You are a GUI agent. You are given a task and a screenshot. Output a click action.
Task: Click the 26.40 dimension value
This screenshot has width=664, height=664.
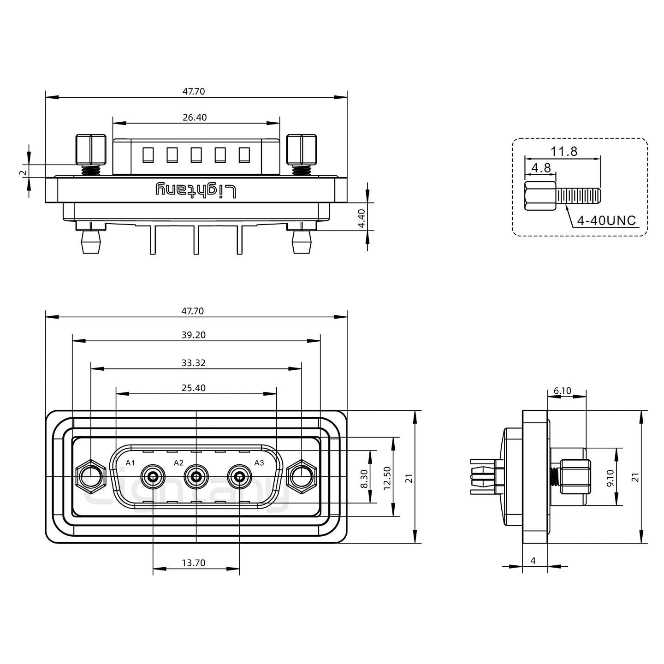[194, 118]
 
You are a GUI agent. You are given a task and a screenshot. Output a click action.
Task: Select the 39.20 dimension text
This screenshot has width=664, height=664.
[193, 335]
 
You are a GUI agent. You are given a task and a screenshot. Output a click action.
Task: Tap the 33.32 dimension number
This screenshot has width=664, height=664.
[193, 363]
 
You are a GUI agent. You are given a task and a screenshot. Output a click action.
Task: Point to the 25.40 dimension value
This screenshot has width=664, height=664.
[193, 388]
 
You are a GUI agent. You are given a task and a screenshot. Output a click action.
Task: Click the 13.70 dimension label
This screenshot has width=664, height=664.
[193, 563]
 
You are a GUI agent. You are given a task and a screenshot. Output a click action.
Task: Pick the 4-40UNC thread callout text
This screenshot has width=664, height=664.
[606, 221]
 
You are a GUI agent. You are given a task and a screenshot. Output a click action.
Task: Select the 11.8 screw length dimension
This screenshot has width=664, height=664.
[564, 151]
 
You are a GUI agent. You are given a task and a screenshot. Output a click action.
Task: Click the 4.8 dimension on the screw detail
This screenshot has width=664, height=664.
[541, 168]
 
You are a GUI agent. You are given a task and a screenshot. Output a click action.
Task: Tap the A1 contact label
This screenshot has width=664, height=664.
[130, 462]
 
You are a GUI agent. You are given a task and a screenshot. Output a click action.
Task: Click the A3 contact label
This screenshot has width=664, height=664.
[259, 462]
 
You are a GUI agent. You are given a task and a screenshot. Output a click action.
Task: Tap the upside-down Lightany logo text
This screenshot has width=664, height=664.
[196, 190]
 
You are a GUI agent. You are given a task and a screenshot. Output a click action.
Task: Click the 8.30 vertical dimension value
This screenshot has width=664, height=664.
[364, 479]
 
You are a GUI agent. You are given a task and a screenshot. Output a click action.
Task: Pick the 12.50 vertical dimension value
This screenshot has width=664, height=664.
[387, 478]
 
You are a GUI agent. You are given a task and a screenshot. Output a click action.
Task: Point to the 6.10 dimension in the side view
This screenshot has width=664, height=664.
[562, 391]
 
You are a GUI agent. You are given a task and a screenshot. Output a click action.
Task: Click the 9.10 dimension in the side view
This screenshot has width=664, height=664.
[610, 478]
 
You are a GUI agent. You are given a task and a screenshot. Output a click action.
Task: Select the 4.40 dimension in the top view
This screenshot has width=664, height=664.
[362, 218]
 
